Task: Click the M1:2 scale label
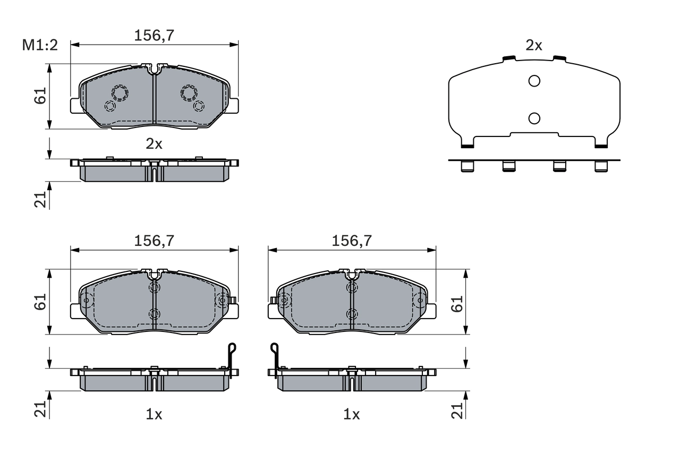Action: tap(39, 46)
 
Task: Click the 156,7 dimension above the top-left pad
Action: tap(155, 36)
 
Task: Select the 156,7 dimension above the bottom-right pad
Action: tap(352, 241)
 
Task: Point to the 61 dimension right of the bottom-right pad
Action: tap(457, 303)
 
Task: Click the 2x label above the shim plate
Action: tap(533, 46)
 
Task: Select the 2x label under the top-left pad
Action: tap(154, 144)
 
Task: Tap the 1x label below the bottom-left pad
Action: tap(154, 415)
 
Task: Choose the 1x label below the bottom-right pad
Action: tap(352, 415)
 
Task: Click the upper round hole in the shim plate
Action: tap(534, 81)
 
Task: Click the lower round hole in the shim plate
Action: tap(534, 118)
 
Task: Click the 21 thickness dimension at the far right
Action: tap(457, 409)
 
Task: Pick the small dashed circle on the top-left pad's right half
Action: tap(199, 106)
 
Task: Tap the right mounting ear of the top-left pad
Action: tap(234, 105)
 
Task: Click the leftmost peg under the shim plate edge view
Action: tap(467, 167)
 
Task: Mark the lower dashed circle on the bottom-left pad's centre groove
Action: tap(155, 313)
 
